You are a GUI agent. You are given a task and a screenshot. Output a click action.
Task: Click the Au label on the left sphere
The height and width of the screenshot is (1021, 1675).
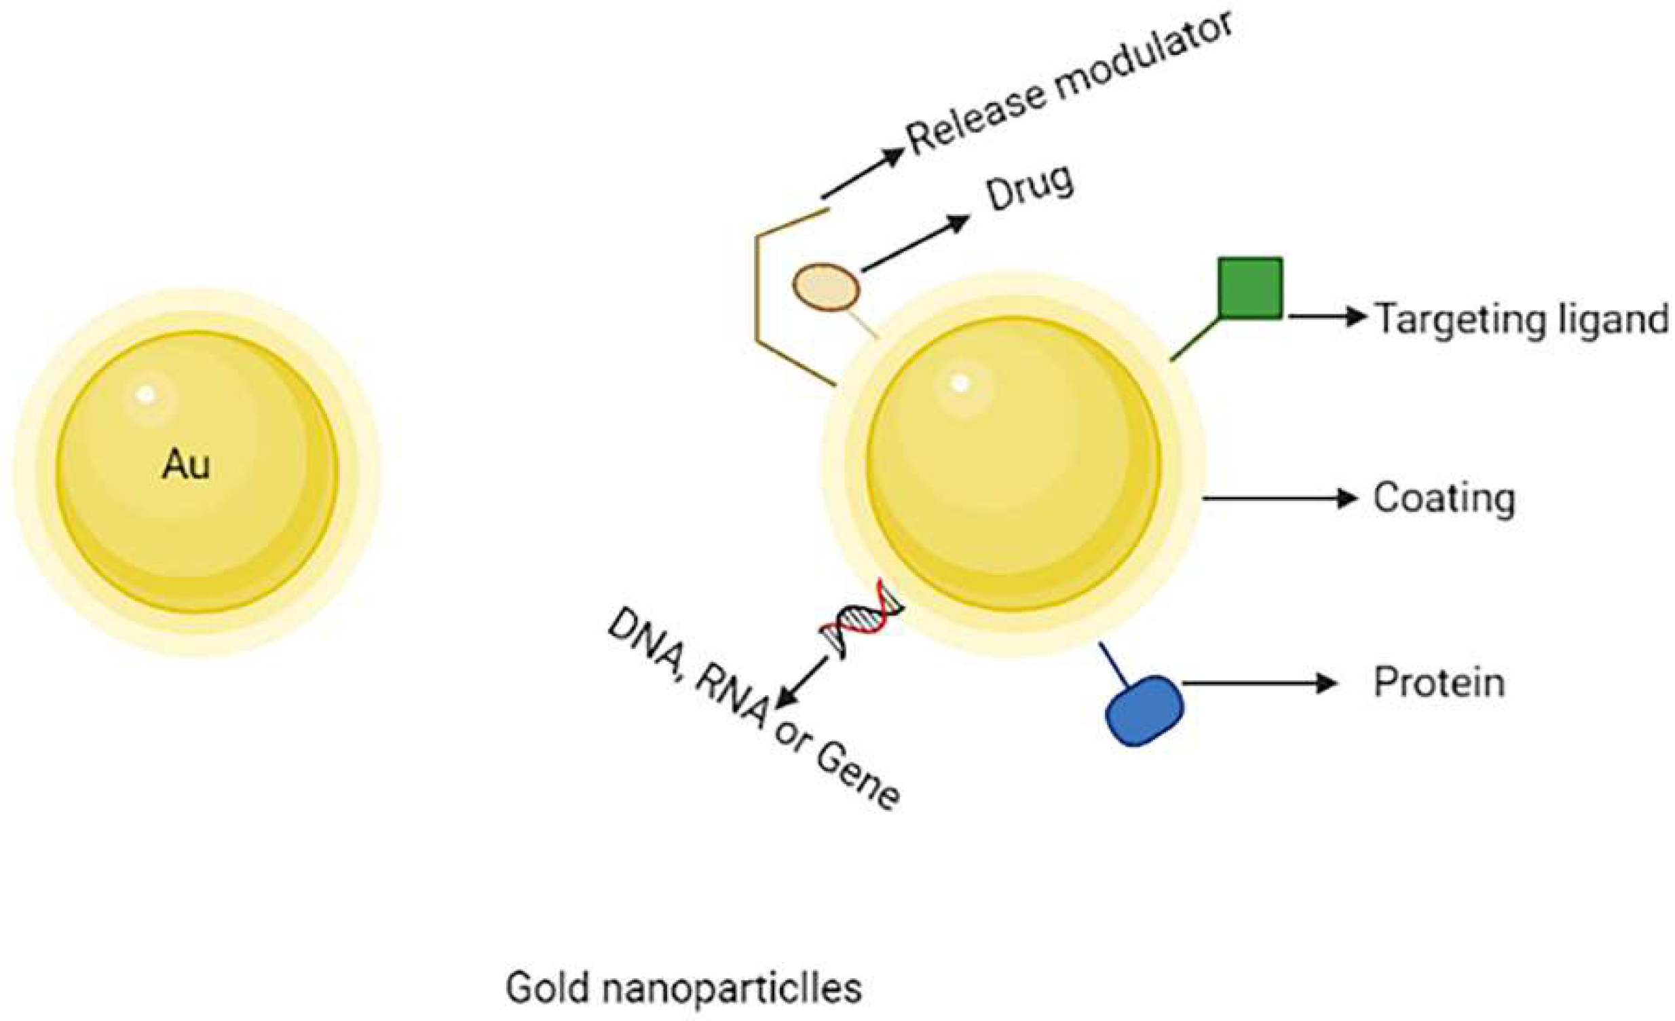pos(186,466)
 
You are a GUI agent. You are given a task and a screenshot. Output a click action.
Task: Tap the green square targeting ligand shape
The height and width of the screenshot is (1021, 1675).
pos(1250,289)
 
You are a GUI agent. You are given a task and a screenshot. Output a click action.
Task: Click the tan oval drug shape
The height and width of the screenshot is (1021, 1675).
pos(826,288)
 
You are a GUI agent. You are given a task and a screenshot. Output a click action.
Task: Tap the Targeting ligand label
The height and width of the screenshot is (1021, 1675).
pos(1522,318)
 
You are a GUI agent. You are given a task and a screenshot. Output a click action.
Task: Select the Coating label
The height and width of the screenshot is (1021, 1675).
pos(1444,498)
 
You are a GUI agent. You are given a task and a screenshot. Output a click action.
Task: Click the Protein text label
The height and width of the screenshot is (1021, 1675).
pos(1439,682)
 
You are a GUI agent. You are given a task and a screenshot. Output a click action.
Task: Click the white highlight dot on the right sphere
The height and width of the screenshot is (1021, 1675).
pos(959,384)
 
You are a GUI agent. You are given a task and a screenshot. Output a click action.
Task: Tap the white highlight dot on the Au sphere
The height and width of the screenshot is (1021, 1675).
pos(145,394)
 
